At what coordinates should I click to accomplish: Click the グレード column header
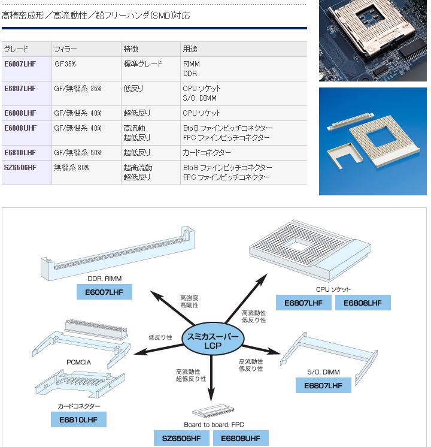(x=17, y=49)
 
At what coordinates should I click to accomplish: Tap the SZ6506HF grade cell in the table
(x=20, y=167)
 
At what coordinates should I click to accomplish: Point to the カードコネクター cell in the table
(x=202, y=153)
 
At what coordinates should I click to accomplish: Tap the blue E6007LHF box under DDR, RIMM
(x=104, y=292)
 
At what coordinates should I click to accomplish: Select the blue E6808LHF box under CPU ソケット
(x=363, y=303)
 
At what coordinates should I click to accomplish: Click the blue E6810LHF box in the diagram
(x=78, y=419)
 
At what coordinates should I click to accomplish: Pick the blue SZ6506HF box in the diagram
(x=181, y=438)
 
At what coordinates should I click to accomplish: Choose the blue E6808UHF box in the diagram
(x=241, y=438)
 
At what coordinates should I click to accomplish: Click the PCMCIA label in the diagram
(x=78, y=362)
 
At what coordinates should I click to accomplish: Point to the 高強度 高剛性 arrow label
(x=189, y=301)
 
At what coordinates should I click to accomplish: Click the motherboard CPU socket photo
(x=372, y=40)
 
